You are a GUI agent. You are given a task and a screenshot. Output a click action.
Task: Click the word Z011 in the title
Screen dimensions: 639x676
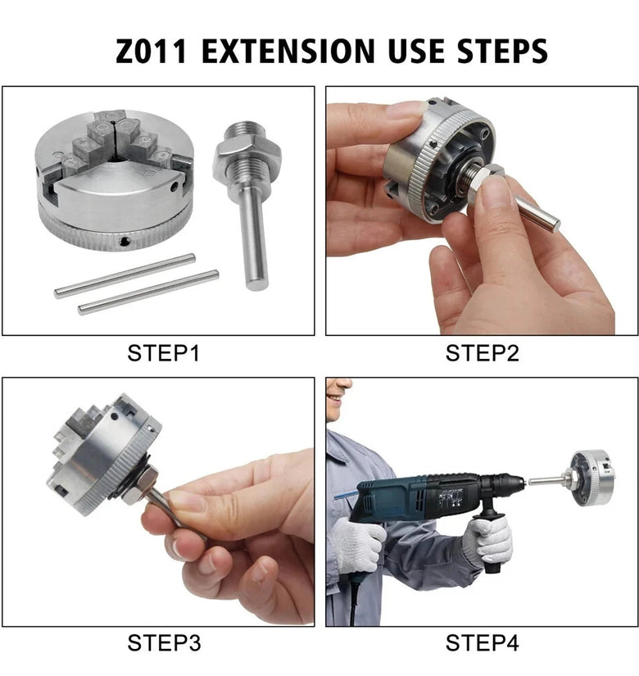[151, 51]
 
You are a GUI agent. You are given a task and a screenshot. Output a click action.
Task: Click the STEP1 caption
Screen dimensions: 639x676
[163, 353]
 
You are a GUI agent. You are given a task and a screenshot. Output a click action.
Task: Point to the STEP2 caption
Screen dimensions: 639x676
[482, 353]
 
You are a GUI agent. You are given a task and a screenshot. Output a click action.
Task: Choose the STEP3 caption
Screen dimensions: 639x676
[164, 643]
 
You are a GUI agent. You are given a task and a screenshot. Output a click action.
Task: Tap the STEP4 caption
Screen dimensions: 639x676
[482, 643]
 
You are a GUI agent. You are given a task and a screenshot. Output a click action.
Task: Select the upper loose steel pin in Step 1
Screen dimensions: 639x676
[125, 275]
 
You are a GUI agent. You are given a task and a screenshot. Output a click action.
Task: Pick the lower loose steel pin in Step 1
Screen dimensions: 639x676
[148, 292]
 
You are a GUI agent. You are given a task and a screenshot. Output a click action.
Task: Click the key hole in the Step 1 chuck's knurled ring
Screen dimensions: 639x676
[125, 241]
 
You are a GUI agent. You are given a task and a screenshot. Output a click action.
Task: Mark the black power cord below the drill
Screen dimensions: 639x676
[354, 598]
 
